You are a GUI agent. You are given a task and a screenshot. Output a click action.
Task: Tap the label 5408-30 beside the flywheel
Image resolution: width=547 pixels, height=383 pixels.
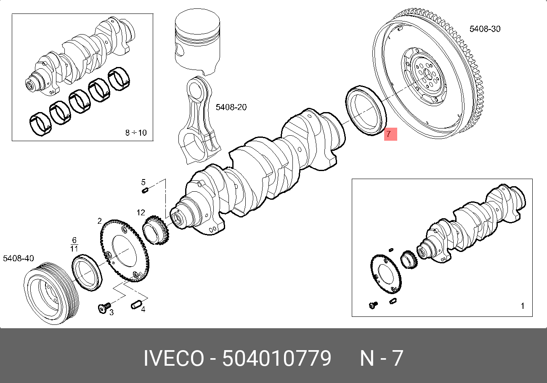coord(485,29)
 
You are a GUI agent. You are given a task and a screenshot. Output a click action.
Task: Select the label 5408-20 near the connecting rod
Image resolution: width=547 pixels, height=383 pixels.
coord(231,107)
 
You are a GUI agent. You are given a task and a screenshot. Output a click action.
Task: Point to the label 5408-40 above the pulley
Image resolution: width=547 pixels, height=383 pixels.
coord(19,258)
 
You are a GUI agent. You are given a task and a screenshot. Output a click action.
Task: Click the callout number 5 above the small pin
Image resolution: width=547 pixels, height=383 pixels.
coord(143,182)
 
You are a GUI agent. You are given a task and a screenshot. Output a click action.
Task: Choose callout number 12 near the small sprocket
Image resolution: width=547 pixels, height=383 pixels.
coord(141,212)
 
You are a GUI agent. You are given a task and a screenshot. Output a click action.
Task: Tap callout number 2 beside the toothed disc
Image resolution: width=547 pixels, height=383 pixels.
coord(99,221)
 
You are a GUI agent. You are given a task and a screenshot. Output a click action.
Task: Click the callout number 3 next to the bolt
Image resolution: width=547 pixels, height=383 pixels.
coord(112,312)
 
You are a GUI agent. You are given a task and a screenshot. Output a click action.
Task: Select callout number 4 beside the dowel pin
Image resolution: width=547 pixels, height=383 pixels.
coord(143,309)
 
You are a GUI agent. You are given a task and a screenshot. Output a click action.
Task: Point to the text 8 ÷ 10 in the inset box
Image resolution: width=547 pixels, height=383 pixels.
coord(136,133)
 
